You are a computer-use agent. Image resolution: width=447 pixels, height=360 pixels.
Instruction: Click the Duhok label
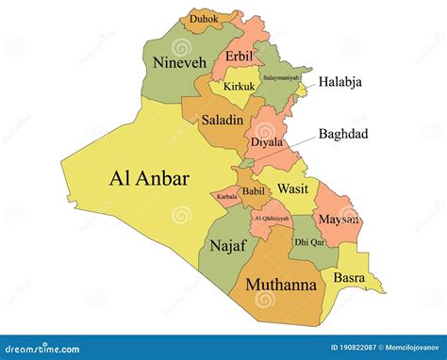click(x=204, y=18)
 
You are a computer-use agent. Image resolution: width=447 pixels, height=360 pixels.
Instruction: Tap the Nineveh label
click(x=178, y=62)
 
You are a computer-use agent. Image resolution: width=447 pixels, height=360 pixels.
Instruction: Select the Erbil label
click(x=240, y=55)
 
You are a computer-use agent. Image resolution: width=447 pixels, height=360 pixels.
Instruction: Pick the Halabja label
click(x=339, y=82)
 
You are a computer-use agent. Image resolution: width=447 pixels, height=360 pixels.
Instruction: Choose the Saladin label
click(x=223, y=120)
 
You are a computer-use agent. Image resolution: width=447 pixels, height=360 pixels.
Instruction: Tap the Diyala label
click(x=267, y=142)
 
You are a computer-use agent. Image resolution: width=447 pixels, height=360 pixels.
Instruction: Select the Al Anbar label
click(x=150, y=177)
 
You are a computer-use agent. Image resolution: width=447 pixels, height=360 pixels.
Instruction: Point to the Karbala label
click(x=227, y=198)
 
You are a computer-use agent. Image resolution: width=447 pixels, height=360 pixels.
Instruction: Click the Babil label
click(x=254, y=191)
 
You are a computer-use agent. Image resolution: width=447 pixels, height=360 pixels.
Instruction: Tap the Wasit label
click(x=292, y=188)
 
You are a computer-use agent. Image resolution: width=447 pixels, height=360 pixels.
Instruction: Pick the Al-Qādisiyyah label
click(x=271, y=219)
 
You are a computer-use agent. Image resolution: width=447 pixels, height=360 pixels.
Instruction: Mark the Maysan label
click(x=339, y=220)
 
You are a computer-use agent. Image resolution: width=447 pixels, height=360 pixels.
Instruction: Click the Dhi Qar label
click(x=309, y=242)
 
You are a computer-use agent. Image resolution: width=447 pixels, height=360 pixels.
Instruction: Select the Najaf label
click(x=227, y=245)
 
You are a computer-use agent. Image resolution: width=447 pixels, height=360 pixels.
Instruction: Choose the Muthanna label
click(x=280, y=283)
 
